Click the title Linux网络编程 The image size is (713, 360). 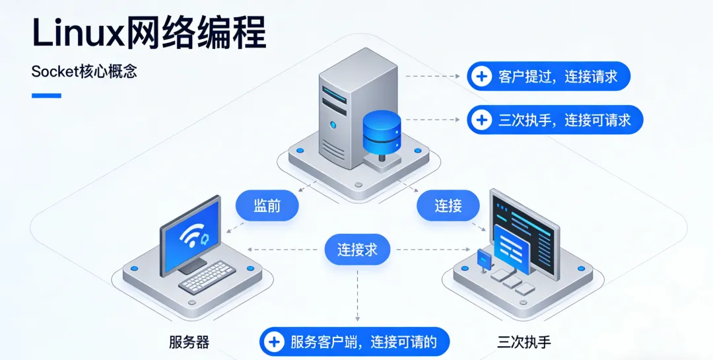coord(149,32)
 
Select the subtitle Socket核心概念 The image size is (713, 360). coord(84,72)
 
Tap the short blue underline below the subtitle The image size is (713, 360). coord(46,96)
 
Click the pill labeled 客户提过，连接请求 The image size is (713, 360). coord(548,77)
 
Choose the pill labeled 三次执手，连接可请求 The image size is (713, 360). coord(555,120)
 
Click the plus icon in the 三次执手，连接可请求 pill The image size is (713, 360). coord(483,120)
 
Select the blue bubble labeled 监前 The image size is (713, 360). coord(267,205)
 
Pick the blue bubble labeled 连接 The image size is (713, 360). coord(448,205)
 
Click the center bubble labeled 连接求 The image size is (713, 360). coord(357,250)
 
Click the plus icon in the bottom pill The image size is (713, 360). coord(273,342)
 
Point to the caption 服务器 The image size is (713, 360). coord(189,342)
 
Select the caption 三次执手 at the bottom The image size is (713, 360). coord(524,342)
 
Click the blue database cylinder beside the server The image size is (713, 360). coord(382,131)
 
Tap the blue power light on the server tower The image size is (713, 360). coord(333,125)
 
